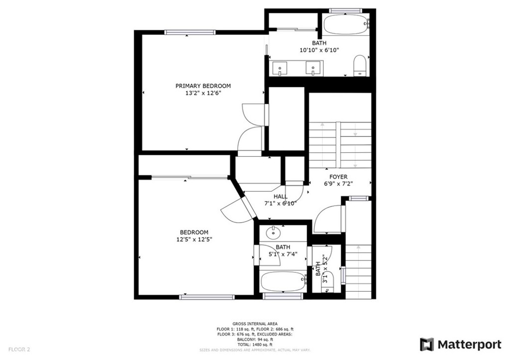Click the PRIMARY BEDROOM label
tap(203, 86)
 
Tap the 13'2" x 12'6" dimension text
tap(203, 93)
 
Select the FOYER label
tap(338, 177)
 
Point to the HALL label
tap(280, 196)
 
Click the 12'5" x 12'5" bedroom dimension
tap(194, 239)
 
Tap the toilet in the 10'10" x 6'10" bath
tap(360, 66)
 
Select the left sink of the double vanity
tap(280, 67)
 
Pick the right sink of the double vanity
tap(313, 67)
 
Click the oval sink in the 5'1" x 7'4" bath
tap(273, 232)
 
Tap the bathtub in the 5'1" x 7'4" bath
tap(283, 281)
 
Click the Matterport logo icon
tap(427, 344)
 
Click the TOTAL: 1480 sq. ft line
tap(255, 345)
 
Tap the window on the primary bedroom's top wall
tap(190, 32)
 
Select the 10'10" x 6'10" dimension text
tap(319, 50)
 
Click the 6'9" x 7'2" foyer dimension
tap(338, 184)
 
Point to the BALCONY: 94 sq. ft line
tap(255, 340)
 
